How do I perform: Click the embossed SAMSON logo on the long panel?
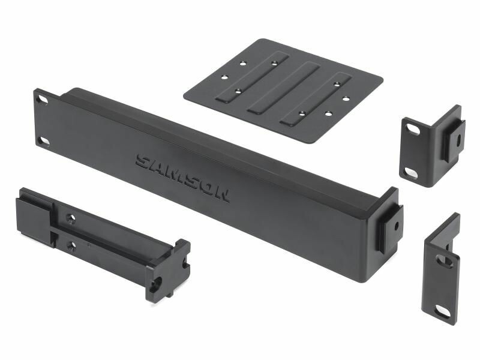tap(183, 178)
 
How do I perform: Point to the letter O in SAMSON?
tap(206, 189)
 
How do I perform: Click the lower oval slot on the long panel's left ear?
tap(43, 141)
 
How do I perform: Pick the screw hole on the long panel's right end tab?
tap(397, 227)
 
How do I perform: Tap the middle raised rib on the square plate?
tap(284, 88)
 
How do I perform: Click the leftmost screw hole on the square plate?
tap(226, 77)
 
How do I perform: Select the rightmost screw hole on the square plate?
tap(346, 98)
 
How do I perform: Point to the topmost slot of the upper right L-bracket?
tap(413, 130)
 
